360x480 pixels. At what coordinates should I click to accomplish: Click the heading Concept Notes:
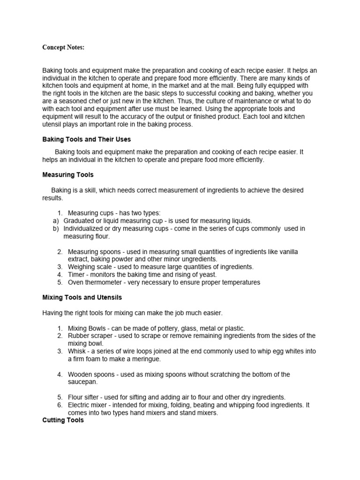pyautogui.click(x=63, y=47)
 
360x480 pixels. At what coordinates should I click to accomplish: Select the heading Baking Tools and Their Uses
pyautogui.click(x=86, y=140)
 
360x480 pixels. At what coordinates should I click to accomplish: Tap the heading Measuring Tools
pyautogui.click(x=68, y=175)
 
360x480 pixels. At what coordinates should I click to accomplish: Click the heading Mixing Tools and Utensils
pyautogui.click(x=82, y=298)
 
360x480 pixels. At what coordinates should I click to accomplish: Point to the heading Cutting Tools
pyautogui.click(x=63, y=420)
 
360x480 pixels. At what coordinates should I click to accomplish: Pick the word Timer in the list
pyautogui.click(x=76, y=275)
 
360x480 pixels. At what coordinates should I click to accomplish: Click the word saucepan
pyautogui.click(x=83, y=382)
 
